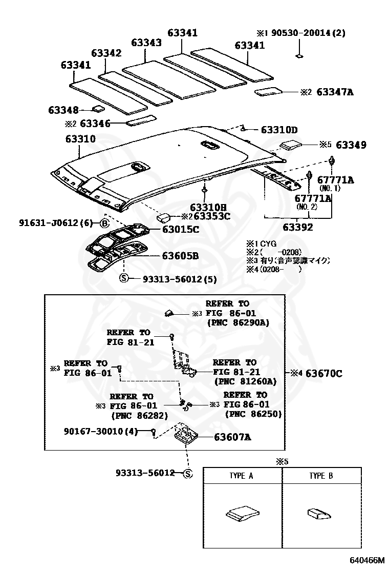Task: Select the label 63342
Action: [x=106, y=53]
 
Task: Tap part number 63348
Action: [x=63, y=110]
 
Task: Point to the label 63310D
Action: [x=279, y=130]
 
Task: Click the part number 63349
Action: [x=351, y=145]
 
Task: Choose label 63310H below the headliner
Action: [x=208, y=207]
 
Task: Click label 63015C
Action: [x=181, y=230]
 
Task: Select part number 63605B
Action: [x=181, y=255]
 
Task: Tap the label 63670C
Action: [x=323, y=373]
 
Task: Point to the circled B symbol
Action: [x=104, y=223]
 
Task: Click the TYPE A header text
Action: [x=241, y=476]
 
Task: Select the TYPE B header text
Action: [x=321, y=476]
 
